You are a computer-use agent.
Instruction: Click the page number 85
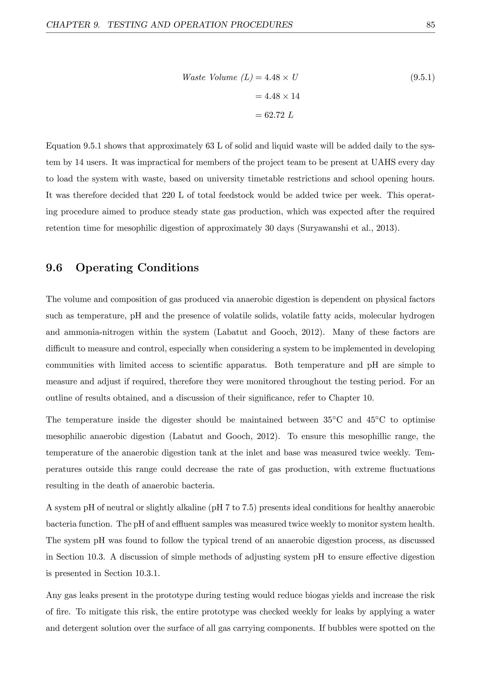(x=430, y=25)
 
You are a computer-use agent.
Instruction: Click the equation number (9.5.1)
(x=422, y=78)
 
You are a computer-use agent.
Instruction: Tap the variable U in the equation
(x=295, y=78)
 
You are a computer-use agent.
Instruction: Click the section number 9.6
(x=54, y=268)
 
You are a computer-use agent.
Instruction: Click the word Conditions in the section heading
(x=168, y=268)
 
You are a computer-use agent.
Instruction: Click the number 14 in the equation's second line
(x=295, y=96)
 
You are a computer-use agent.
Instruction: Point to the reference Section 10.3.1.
(x=132, y=574)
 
